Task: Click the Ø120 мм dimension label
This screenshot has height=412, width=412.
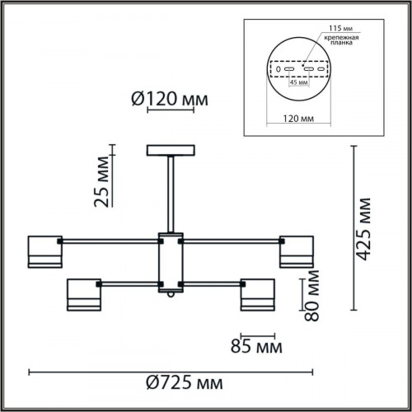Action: tap(170, 101)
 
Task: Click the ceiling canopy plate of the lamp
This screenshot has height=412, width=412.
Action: tap(171, 151)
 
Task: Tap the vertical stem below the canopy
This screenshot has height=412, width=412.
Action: tap(171, 194)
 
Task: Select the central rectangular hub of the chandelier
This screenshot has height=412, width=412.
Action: tap(171, 261)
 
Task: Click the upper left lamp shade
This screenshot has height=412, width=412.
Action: tap(46, 250)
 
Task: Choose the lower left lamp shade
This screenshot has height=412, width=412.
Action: tap(82, 295)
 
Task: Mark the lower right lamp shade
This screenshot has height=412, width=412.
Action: tap(258, 295)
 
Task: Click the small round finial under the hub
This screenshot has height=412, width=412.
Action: tap(171, 293)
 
